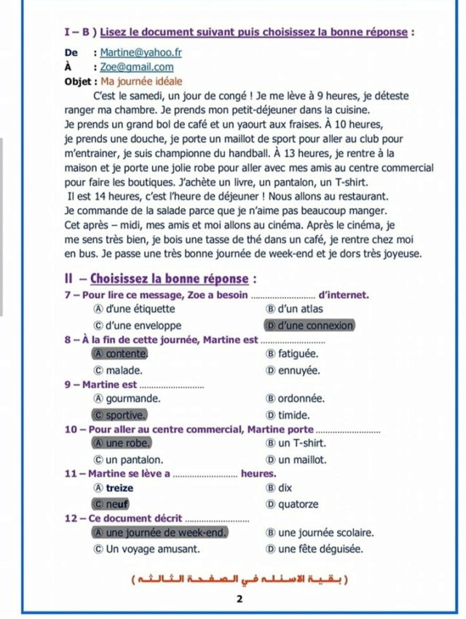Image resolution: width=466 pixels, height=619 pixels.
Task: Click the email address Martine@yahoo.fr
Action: [141, 52]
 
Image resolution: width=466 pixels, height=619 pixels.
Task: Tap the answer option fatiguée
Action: [301, 354]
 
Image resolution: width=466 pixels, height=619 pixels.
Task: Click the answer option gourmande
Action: [133, 399]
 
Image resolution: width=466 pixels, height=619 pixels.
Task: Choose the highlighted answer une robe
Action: [128, 443]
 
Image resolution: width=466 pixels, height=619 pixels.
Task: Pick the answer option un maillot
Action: [301, 460]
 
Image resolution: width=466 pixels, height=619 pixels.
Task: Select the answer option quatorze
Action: [298, 504]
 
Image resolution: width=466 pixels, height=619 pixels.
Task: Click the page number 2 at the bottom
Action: [237, 599]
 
